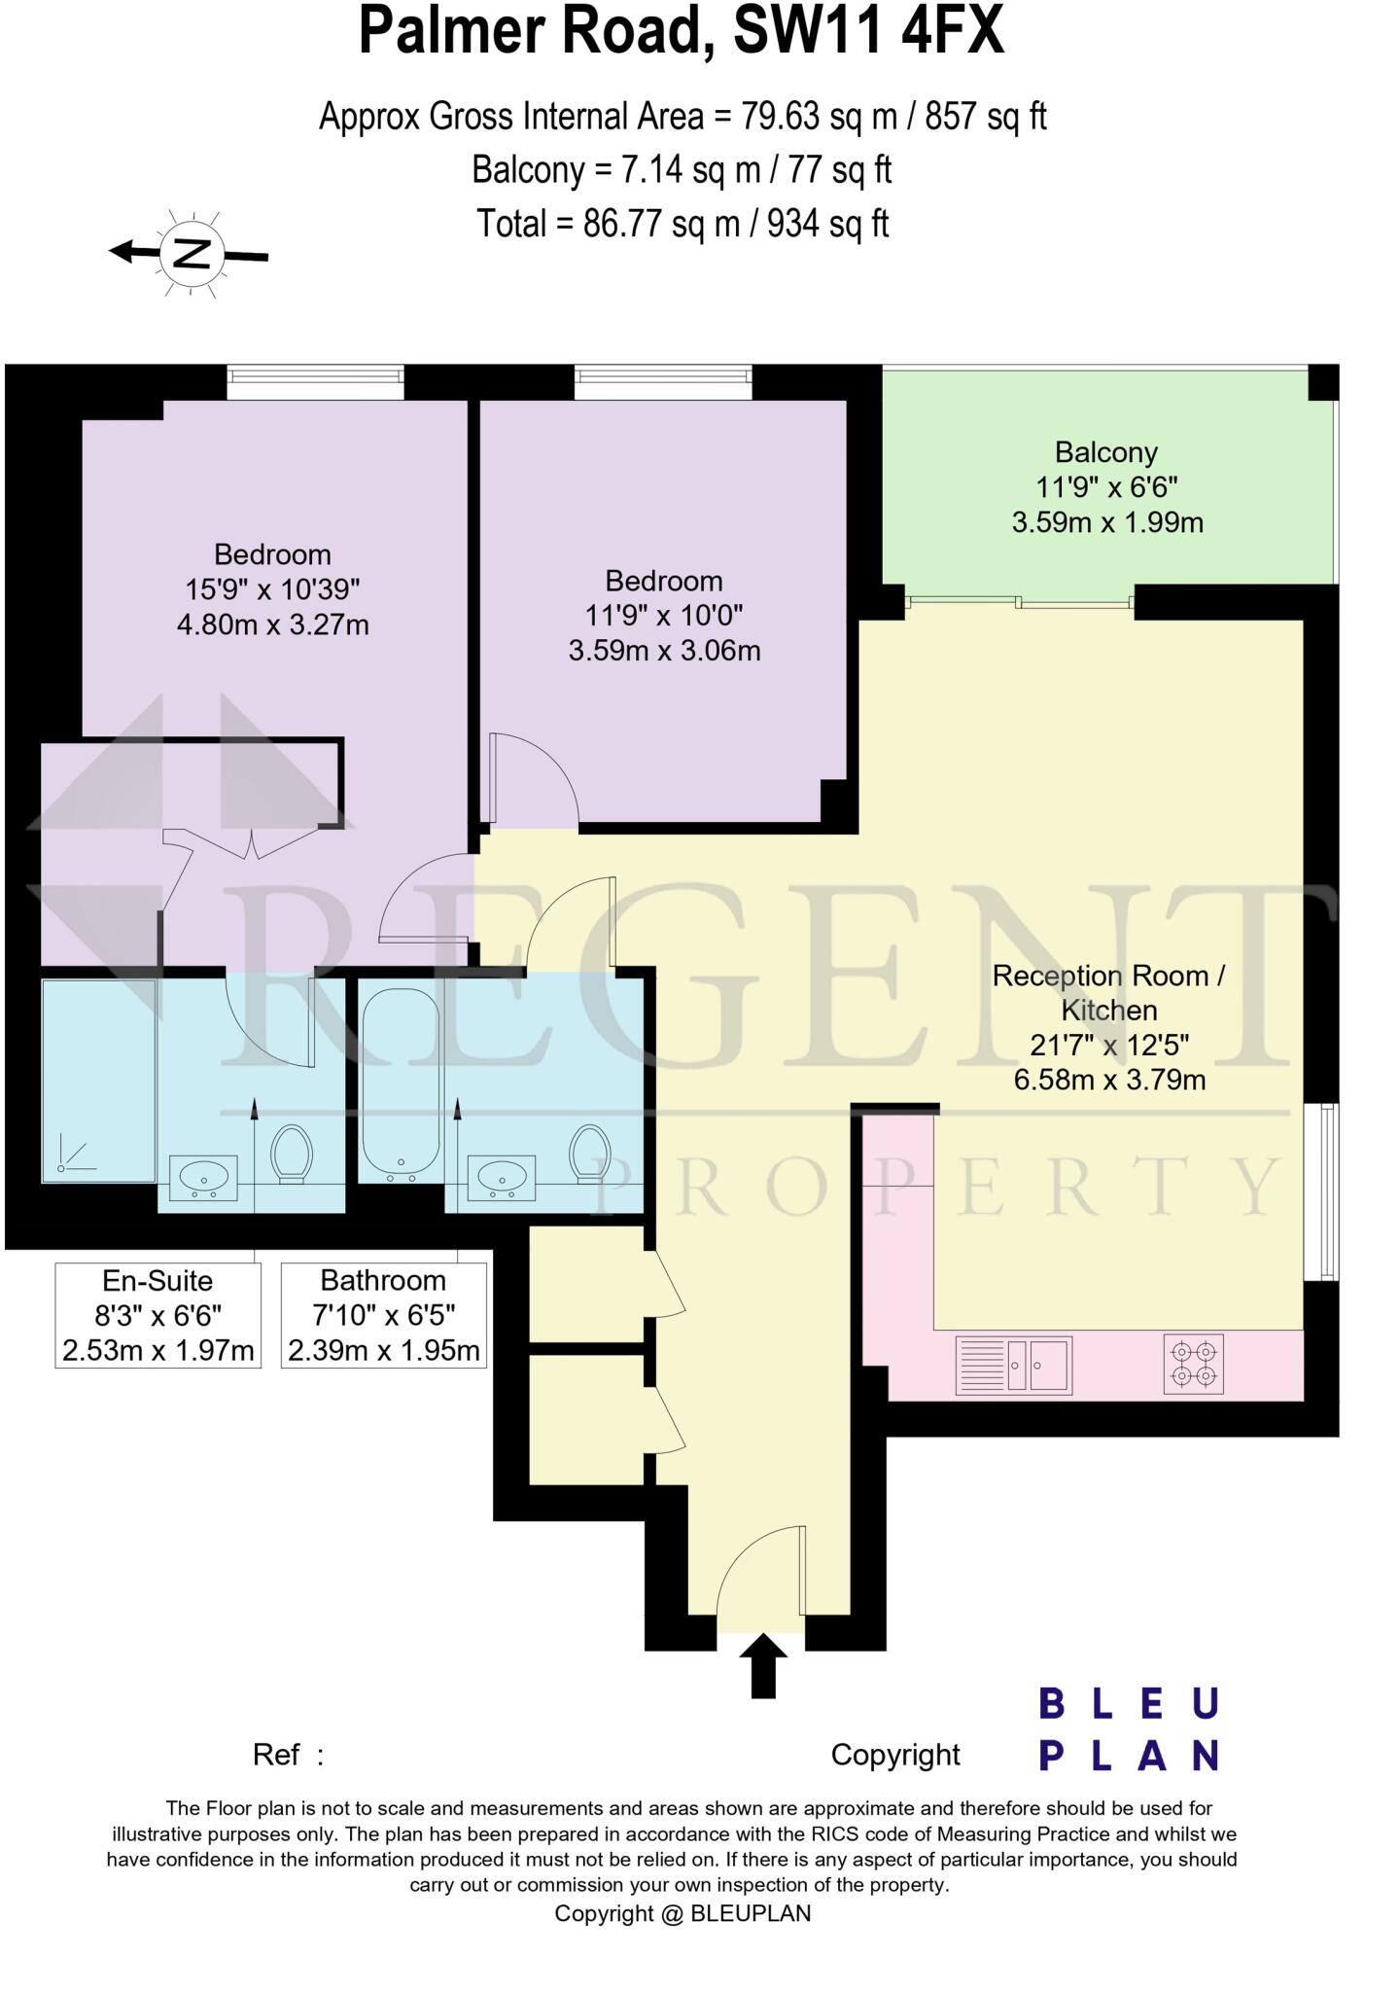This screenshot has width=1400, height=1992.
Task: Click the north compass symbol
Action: point(192,254)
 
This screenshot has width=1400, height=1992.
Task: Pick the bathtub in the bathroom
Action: point(401,1080)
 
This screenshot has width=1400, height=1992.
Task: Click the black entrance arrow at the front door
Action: point(763,1665)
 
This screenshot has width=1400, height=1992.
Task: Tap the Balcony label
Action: point(1106,452)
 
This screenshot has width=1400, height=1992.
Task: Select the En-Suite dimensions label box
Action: point(158,1315)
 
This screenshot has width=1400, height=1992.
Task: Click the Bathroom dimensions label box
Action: point(384,1315)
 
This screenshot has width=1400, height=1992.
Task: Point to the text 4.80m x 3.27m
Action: point(272,624)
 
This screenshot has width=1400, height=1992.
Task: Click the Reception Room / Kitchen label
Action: point(1108,992)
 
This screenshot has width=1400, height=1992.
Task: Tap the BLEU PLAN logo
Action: point(1128,1729)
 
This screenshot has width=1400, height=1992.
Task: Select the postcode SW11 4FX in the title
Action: point(867,31)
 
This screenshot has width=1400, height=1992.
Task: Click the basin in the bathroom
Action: point(502,1177)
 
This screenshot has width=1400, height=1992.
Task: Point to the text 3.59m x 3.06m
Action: point(664,651)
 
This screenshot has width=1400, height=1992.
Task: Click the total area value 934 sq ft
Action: point(828,224)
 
